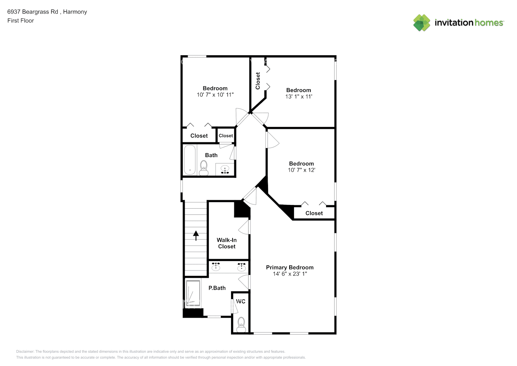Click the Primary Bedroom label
(290, 267)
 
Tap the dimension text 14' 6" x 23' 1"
(290, 274)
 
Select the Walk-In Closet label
(227, 243)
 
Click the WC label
(241, 301)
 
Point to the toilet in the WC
(241, 324)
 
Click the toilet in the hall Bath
(204, 168)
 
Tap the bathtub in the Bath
(189, 160)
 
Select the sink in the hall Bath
(225, 170)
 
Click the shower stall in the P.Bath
(193, 293)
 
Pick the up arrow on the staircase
(196, 235)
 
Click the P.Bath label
(217, 288)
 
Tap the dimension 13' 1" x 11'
(299, 97)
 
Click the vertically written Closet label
(258, 81)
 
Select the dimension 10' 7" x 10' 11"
(215, 95)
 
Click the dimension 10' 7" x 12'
(301, 170)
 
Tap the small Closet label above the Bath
(226, 136)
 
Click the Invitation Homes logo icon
(422, 23)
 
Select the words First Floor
(20, 20)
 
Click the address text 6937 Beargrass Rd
(33, 12)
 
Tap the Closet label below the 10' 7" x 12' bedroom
(314, 213)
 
